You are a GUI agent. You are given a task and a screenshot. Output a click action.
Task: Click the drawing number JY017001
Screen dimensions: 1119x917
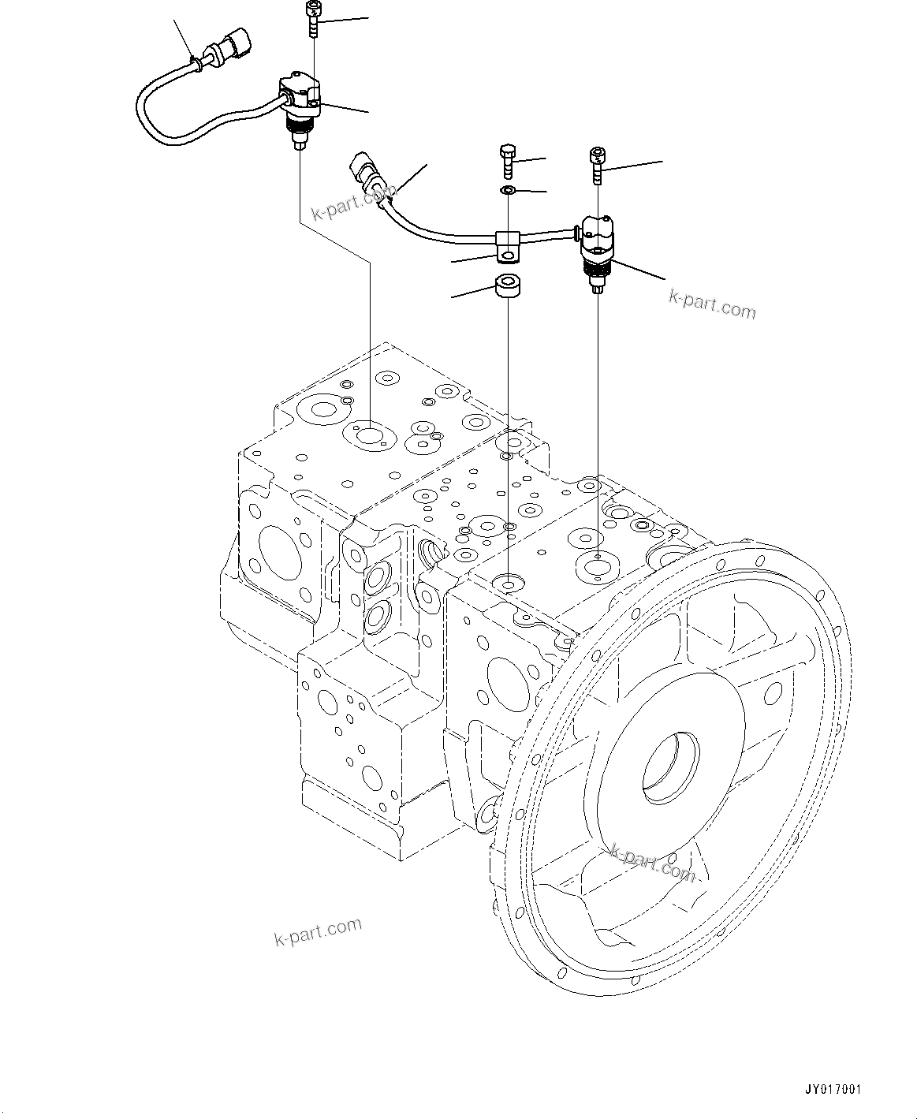coord(833,1090)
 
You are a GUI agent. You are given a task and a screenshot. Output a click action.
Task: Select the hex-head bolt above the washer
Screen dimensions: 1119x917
coord(509,161)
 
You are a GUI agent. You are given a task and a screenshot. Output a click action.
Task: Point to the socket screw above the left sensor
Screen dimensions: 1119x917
coord(314,19)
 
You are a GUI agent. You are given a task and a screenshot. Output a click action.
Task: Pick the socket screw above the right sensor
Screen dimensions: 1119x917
coord(598,163)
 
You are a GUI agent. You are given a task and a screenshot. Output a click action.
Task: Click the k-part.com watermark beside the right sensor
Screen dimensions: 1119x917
coord(712,304)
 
